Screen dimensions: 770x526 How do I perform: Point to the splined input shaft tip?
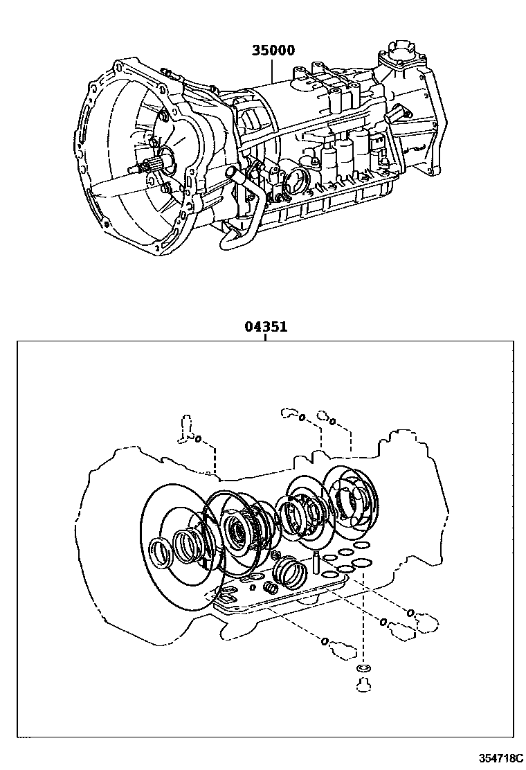152,167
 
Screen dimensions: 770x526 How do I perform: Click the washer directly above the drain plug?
361,670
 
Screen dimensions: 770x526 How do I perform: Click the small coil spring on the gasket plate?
272,589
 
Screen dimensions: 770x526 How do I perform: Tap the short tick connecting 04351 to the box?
265,337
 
